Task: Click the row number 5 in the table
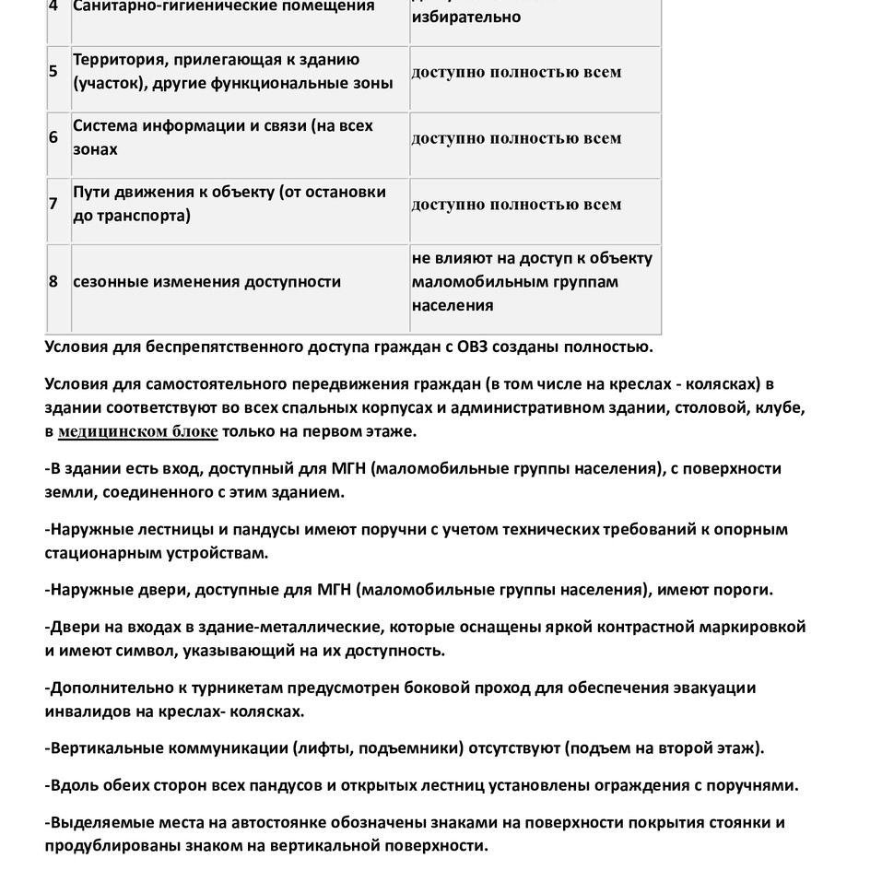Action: coord(53,71)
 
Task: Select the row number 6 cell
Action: coord(53,137)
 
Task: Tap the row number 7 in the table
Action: coord(53,204)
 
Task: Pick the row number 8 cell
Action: coord(53,282)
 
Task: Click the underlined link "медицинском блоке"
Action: coord(138,431)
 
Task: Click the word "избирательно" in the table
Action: coord(466,17)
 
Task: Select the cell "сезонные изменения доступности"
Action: coord(207,282)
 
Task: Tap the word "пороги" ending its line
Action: coord(744,590)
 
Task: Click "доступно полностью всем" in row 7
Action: coord(516,204)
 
